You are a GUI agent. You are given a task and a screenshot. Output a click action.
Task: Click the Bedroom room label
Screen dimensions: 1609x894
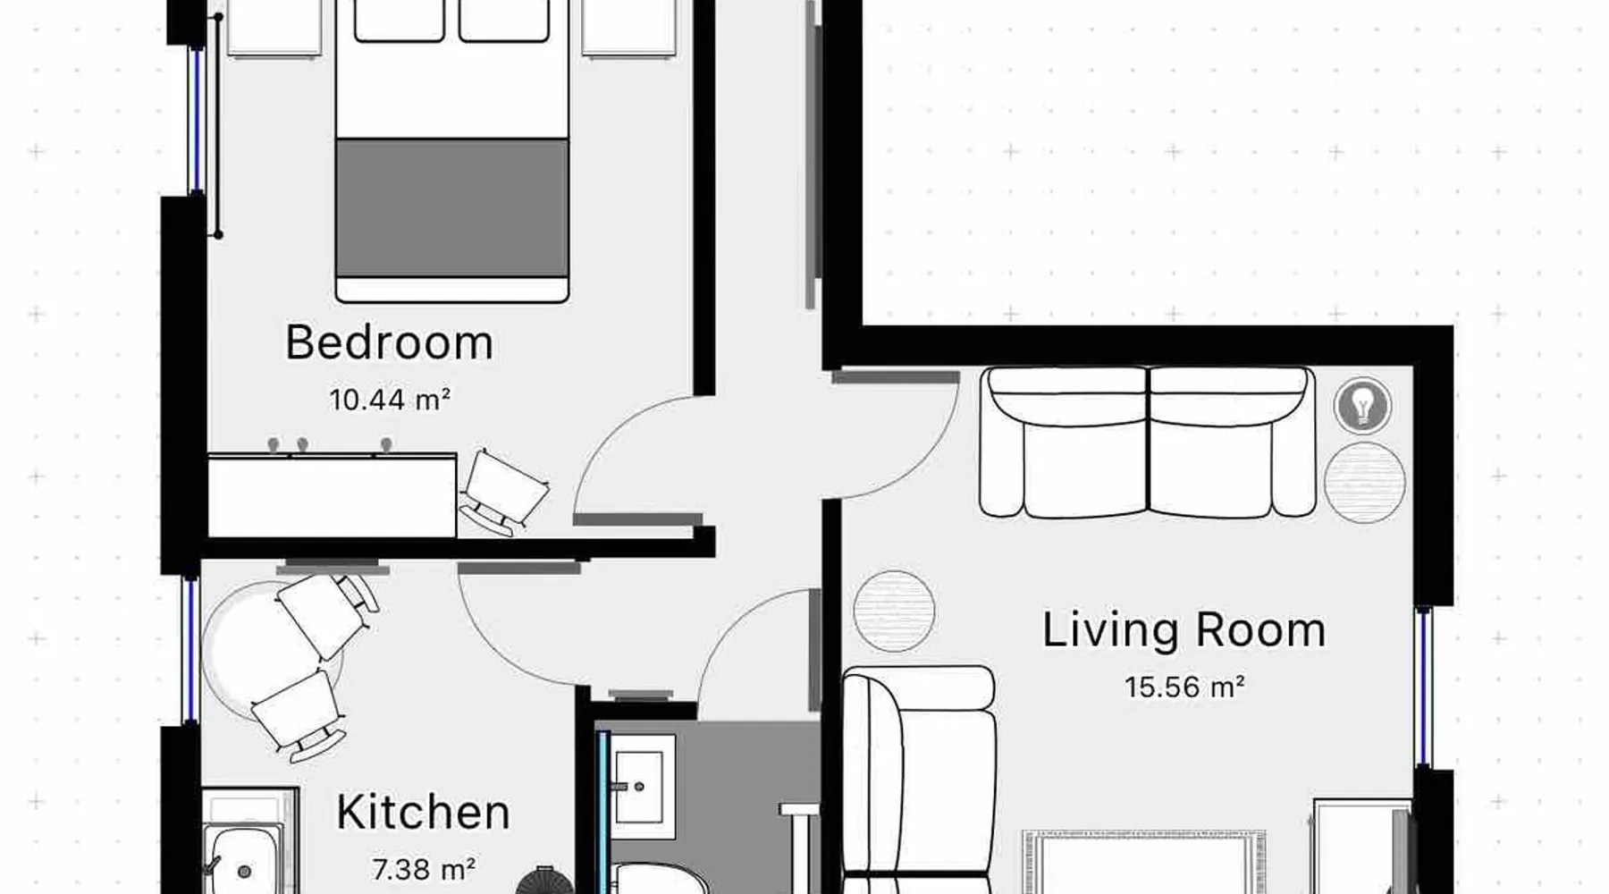click(x=389, y=343)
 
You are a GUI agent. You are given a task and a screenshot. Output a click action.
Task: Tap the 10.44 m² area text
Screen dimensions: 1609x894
click(x=390, y=400)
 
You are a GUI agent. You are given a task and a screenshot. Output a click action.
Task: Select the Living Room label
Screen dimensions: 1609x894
click(x=1184, y=630)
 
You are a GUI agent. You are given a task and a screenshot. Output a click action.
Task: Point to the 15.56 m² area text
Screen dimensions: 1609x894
click(x=1184, y=687)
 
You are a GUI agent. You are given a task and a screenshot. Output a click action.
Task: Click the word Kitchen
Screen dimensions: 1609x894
click(x=423, y=813)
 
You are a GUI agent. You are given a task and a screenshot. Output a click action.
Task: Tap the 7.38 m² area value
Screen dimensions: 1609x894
click(x=423, y=869)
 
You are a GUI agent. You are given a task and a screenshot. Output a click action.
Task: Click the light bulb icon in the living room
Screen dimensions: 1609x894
click(x=1362, y=406)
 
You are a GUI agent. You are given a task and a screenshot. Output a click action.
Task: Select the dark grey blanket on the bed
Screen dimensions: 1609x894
click(x=452, y=207)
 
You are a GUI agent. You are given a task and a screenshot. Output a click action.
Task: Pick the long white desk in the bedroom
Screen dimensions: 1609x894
click(x=333, y=497)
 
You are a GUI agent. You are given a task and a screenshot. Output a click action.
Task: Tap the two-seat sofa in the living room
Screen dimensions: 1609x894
click(x=1148, y=442)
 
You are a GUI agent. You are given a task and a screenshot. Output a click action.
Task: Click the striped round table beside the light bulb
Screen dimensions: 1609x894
click(x=1364, y=482)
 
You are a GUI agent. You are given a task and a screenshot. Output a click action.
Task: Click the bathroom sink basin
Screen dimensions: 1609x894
click(x=639, y=788)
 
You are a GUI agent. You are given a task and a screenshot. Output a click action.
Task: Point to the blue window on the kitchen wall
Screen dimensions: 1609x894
click(x=190, y=650)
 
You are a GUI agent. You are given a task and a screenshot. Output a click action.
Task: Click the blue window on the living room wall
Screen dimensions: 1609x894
click(x=1423, y=688)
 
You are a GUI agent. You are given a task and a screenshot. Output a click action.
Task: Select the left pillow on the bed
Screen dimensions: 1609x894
click(x=400, y=20)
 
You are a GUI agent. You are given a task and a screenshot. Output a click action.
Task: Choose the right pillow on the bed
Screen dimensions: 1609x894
click(x=504, y=20)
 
